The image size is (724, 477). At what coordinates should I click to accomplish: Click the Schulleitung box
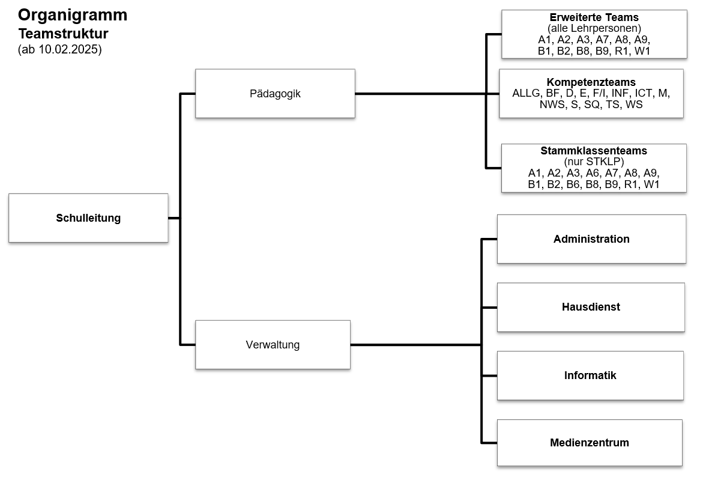[x=88, y=218]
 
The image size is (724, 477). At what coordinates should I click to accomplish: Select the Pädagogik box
[x=275, y=94]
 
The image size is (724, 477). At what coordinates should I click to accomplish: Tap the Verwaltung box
[x=273, y=345]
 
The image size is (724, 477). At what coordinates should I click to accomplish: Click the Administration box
[x=591, y=239]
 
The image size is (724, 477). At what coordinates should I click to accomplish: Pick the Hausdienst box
[x=591, y=307]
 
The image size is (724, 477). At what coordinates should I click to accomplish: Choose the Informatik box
[x=590, y=376]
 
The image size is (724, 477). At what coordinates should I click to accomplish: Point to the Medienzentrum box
[x=590, y=443]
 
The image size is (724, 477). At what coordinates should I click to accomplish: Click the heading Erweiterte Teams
[x=594, y=17]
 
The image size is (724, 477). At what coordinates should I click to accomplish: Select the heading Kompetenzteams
[x=591, y=82]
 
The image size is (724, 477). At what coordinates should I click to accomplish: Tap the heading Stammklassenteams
[x=594, y=151]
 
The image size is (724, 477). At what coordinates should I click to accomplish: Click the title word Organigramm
[x=73, y=16]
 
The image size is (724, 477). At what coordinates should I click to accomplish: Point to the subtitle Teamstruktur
[x=64, y=34]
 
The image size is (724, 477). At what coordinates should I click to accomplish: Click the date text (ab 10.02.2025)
[x=60, y=49]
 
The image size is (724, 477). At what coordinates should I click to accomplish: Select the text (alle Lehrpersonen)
[x=594, y=28]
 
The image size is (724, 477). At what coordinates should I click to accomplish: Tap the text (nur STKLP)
[x=594, y=162]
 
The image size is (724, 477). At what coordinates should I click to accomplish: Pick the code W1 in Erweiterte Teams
[x=642, y=51]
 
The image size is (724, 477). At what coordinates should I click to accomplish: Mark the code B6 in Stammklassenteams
[x=573, y=184]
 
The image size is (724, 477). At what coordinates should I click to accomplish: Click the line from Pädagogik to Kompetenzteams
[x=427, y=94]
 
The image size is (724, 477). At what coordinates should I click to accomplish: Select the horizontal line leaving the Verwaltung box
[x=415, y=345]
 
